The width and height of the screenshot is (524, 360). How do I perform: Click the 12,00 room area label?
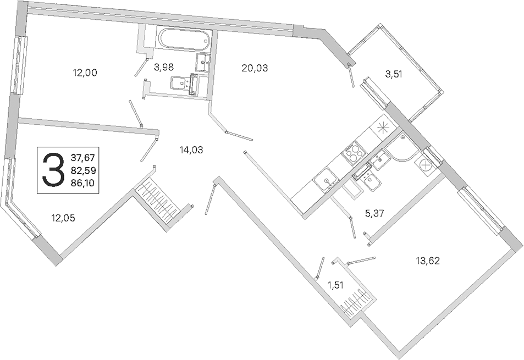[85, 73]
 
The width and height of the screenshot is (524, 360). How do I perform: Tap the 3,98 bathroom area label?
[164, 68]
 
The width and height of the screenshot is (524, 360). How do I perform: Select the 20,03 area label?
[255, 68]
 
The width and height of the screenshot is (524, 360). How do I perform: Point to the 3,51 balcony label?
[394, 74]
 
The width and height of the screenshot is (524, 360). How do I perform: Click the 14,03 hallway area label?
[191, 150]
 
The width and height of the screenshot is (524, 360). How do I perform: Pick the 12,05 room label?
[63, 218]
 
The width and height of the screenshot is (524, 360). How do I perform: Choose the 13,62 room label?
[428, 261]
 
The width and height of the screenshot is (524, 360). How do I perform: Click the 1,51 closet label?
[335, 285]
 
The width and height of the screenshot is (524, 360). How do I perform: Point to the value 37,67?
[83, 158]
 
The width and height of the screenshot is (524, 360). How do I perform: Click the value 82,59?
[84, 170]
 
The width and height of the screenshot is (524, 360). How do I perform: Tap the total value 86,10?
[83, 182]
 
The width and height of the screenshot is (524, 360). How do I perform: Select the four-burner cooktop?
[354, 153]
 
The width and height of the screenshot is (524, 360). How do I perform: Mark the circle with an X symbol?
[426, 165]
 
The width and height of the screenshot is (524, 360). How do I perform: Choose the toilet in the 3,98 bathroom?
[180, 82]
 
